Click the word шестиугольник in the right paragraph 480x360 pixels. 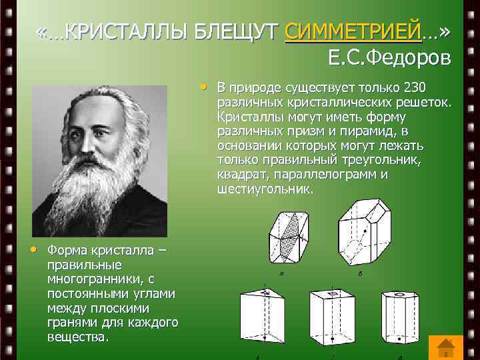point(264,189)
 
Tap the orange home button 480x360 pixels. point(441,346)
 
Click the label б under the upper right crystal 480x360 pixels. point(359,273)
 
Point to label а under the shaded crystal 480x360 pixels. point(282,273)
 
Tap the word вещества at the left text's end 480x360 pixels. point(75,337)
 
